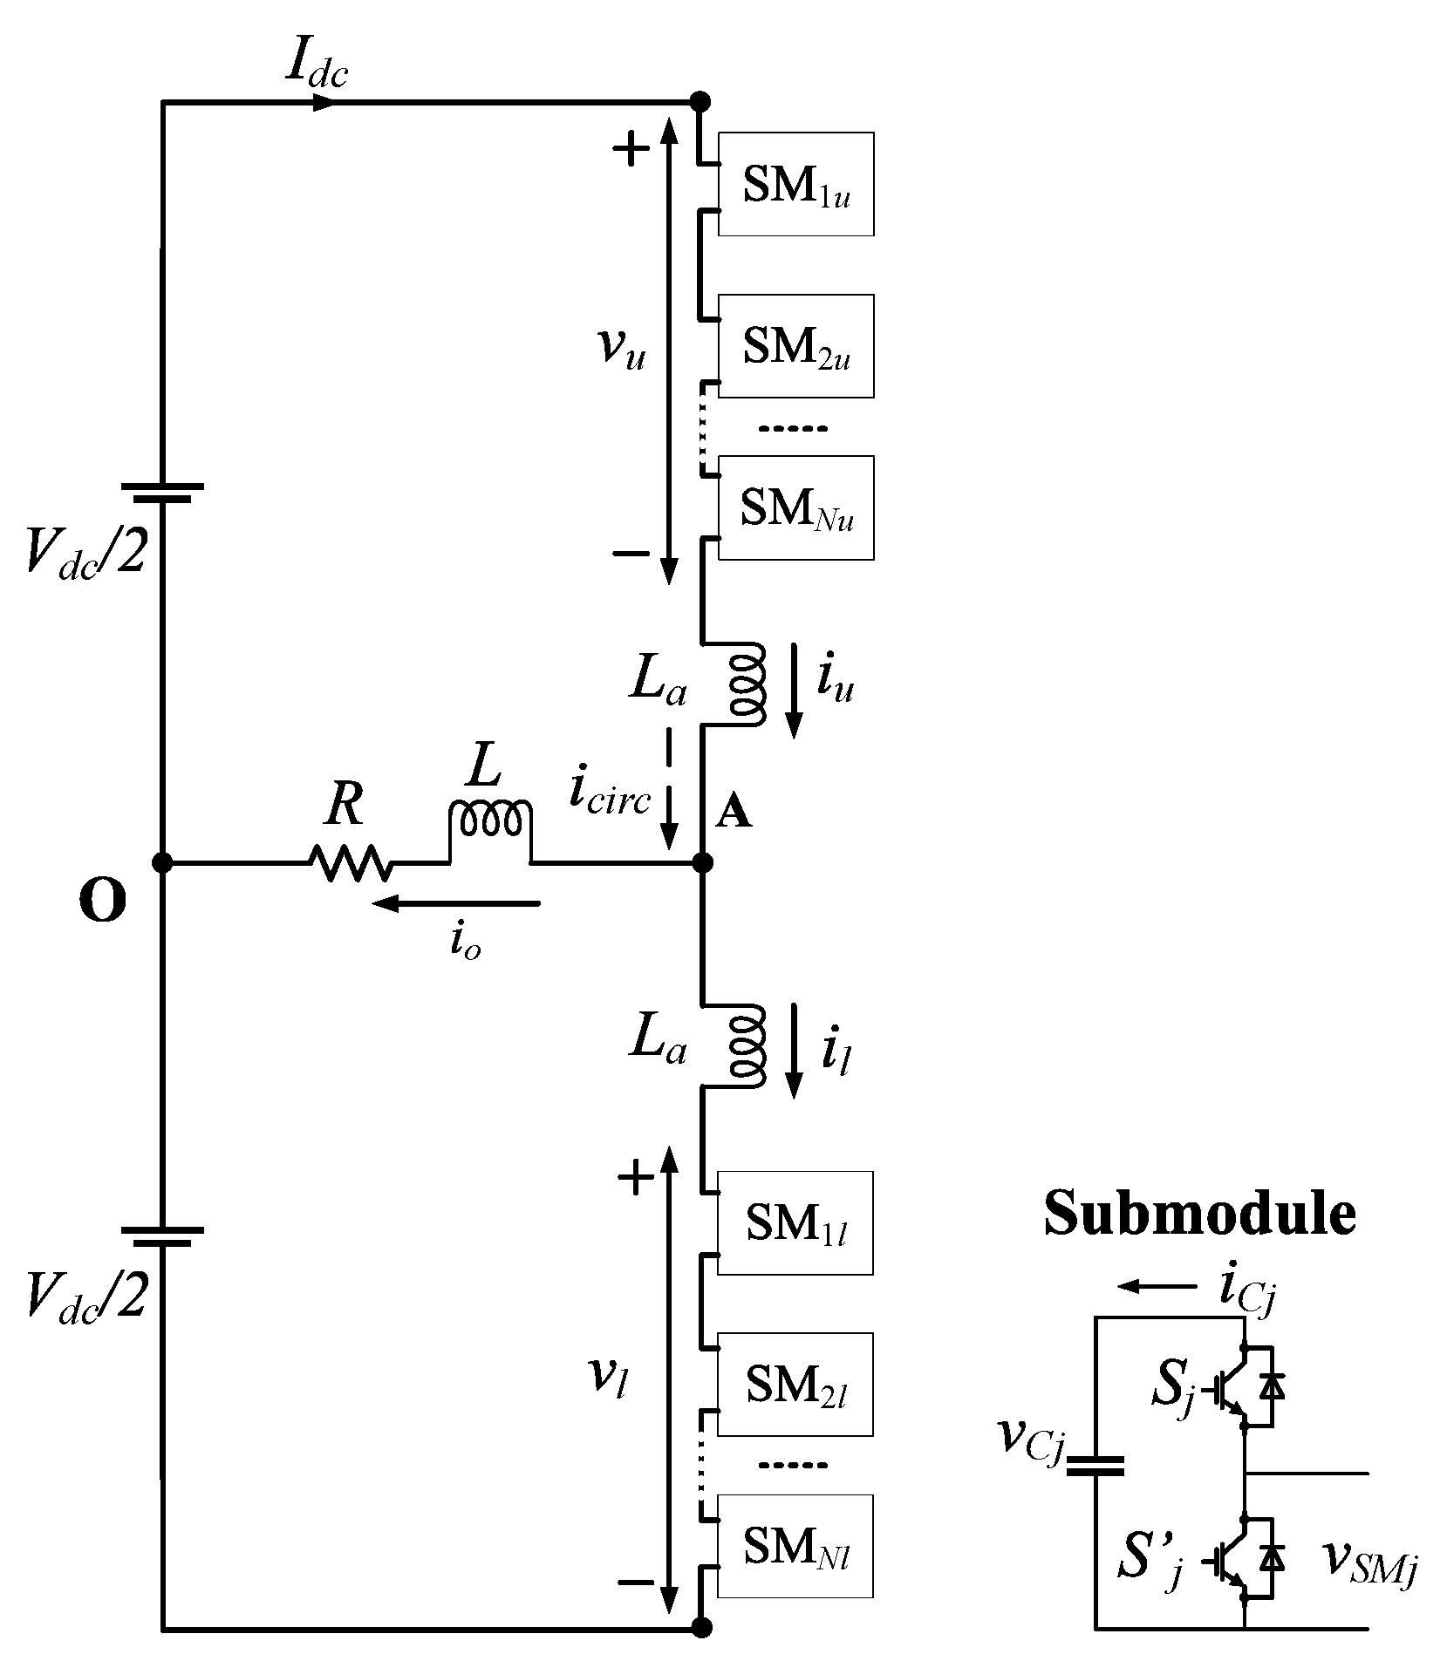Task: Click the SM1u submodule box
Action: point(795,184)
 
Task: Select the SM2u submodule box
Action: point(795,346)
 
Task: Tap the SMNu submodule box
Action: point(795,507)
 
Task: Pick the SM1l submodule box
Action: point(795,1223)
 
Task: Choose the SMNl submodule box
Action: point(795,1546)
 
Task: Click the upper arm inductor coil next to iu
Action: point(747,684)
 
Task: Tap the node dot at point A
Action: point(702,862)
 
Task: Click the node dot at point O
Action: point(162,862)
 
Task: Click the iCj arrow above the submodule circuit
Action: point(1157,1286)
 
